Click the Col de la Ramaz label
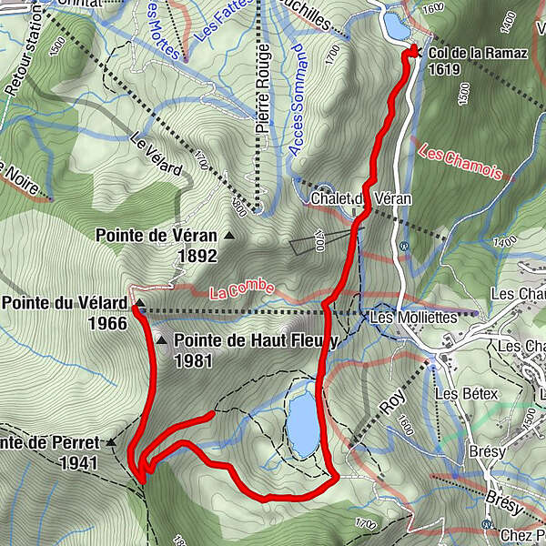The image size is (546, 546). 477,53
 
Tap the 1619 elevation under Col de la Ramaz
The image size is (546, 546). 443,68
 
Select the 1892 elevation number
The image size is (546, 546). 197,257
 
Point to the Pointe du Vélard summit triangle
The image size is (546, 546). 141,301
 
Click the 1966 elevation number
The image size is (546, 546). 106,321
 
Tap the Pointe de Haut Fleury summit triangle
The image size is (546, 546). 162,340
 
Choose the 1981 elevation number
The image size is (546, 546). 193,360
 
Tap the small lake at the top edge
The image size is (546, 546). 396,25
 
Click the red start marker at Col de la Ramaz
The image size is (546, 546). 412,51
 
